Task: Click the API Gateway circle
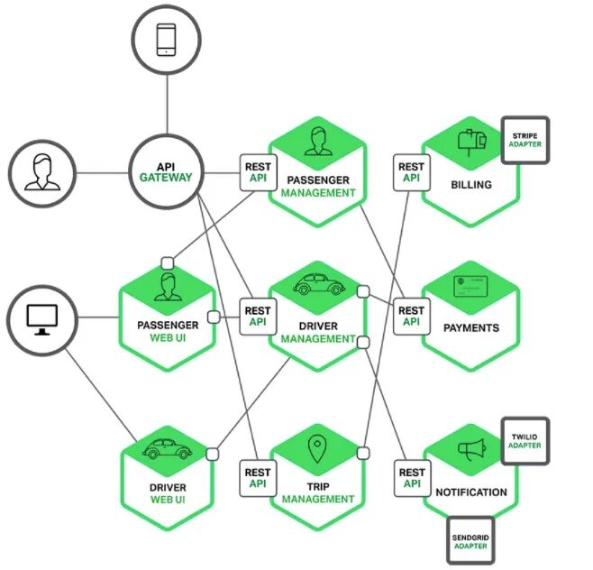[x=166, y=171]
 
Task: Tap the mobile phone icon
[x=166, y=39]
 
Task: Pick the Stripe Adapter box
[x=525, y=141]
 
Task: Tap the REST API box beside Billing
[x=411, y=171]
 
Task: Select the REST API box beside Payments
[x=411, y=316]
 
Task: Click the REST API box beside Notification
[x=411, y=478]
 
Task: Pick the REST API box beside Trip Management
[x=258, y=478]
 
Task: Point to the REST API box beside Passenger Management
[x=258, y=171]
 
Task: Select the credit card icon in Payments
[x=471, y=289]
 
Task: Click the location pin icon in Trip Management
[x=317, y=449]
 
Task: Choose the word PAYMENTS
[x=471, y=327]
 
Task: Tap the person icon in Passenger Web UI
[x=168, y=289]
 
